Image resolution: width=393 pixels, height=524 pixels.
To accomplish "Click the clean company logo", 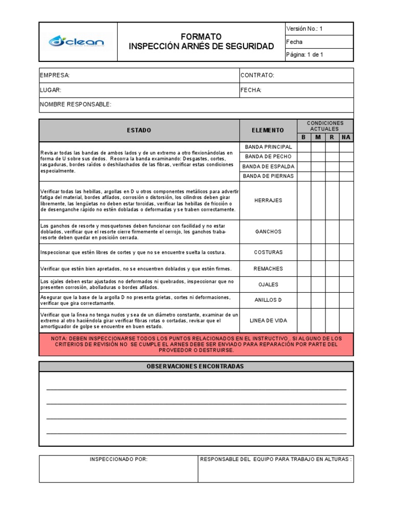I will pos(76,41).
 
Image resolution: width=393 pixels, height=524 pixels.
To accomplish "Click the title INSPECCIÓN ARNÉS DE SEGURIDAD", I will pos(201,47).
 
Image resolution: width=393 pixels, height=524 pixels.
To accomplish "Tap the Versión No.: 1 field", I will pos(304,29).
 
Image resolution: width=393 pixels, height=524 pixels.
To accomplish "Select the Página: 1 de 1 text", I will pos(304,55).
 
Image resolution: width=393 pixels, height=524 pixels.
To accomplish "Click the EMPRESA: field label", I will pos(55,75).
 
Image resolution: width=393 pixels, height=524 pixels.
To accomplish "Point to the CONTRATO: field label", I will pos(257,75).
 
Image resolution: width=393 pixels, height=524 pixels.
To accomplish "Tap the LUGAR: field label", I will pos(51,90).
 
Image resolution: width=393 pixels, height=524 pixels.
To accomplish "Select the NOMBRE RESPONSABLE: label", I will pos(75,104).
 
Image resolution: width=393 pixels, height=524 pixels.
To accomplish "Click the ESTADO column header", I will pos(139,130).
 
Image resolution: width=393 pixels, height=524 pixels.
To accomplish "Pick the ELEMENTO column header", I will pos(268,130).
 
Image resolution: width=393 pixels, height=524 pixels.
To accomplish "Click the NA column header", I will pos(346,137).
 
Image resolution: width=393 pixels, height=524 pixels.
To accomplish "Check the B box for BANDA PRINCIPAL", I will pos(303,147).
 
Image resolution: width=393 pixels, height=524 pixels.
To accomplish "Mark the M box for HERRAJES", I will pos(318,200).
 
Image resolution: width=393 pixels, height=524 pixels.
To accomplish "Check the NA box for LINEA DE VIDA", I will pos(346,321).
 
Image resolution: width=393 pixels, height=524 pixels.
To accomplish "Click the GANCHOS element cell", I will pos(268,231).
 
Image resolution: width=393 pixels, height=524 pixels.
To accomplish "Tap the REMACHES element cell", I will pos(268,269).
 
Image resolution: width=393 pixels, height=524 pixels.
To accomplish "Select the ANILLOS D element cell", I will pos(268,300).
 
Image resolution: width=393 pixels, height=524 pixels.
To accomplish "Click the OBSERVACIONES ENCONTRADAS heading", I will pos(195,366).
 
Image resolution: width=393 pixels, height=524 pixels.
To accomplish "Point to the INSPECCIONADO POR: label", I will pos(119,460).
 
